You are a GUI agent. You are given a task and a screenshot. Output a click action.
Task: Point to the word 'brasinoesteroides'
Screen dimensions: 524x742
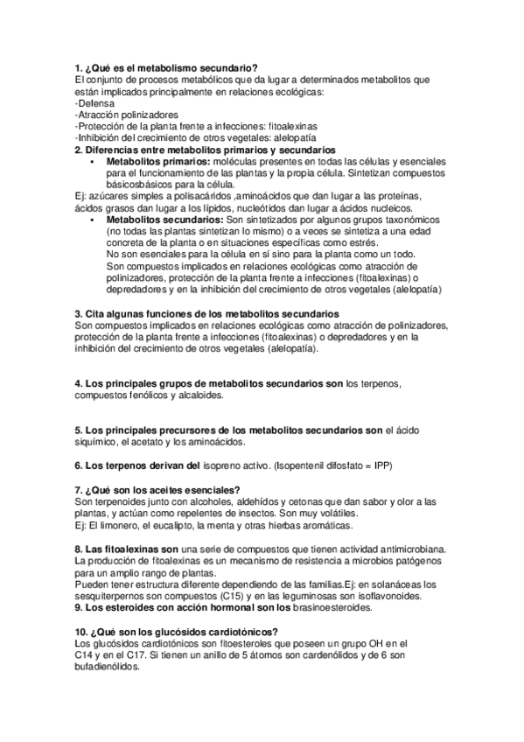click(x=336, y=606)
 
